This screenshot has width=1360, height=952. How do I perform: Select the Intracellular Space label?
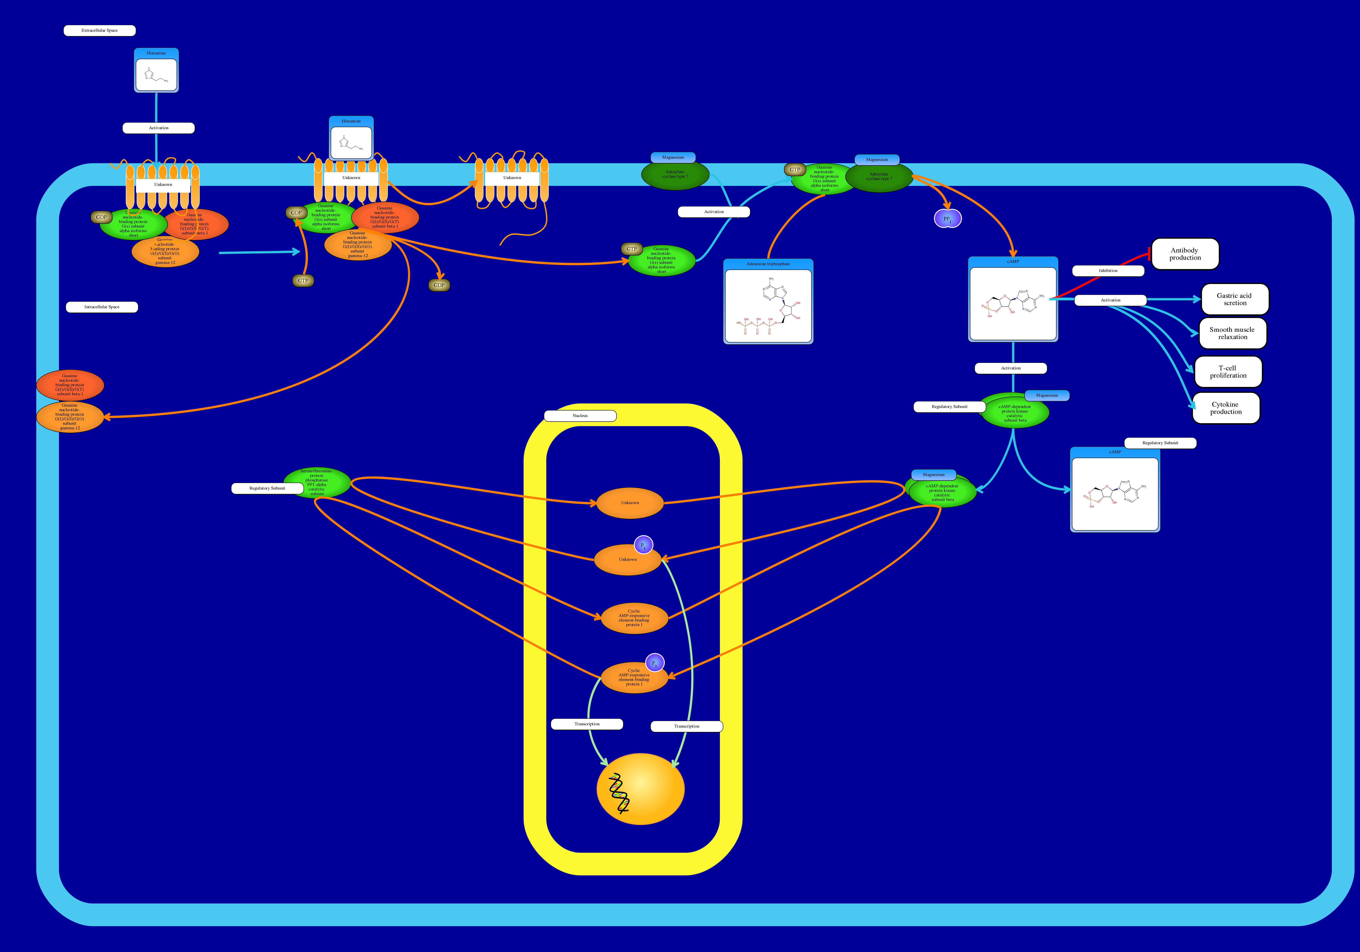pyautogui.click(x=102, y=307)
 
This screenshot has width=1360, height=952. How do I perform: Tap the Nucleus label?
pyautogui.click(x=580, y=416)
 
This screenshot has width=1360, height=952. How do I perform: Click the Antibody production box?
pyautogui.click(x=1185, y=254)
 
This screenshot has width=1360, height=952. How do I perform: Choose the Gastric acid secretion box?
pyautogui.click(x=1234, y=299)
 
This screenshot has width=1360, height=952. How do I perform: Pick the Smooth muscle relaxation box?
pyautogui.click(x=1232, y=333)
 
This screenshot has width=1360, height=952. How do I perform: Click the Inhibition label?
pyautogui.click(x=1108, y=271)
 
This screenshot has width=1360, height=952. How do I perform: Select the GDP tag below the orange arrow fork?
pyautogui.click(x=439, y=286)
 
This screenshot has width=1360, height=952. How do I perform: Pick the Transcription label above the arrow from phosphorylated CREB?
pyautogui.click(x=586, y=724)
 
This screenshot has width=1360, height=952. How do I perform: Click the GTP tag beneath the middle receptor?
pyautogui.click(x=303, y=281)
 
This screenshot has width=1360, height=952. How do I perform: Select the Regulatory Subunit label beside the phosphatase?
pyautogui.click(x=267, y=488)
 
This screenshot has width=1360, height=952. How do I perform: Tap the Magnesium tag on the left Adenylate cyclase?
pyautogui.click(x=673, y=158)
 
